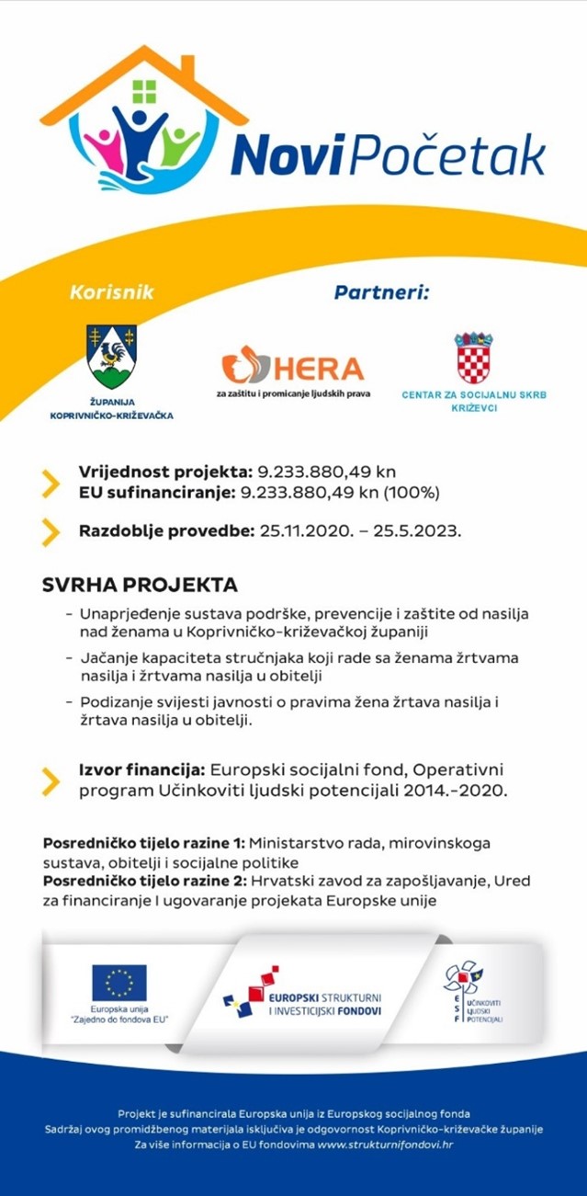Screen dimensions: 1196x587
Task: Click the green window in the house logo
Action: (x=145, y=91)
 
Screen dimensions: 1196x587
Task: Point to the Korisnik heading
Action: (x=111, y=293)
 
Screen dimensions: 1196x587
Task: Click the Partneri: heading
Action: (x=381, y=293)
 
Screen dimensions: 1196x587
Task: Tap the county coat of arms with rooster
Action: (x=111, y=357)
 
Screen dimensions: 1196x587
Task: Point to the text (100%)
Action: (x=410, y=492)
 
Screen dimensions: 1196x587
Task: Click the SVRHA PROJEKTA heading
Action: (x=140, y=586)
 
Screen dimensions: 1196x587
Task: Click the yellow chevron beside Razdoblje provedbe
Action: (x=51, y=531)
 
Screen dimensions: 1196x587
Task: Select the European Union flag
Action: (x=119, y=982)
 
